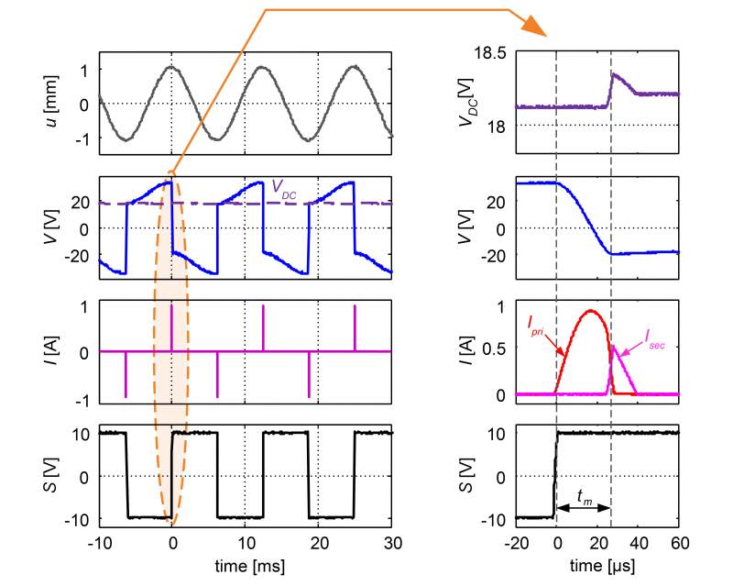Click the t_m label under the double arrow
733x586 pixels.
pyautogui.click(x=584, y=495)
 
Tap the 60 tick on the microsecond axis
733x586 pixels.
pyautogui.click(x=679, y=541)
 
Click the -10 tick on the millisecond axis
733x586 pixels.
pyautogui.click(x=97, y=541)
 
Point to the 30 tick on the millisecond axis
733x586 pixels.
pyautogui.click(x=392, y=541)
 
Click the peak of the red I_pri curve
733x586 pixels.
pyautogui.click(x=591, y=311)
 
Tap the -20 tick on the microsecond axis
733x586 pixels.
pyautogui.click(x=517, y=541)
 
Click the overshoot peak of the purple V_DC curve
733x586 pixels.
pyautogui.click(x=614, y=74)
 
